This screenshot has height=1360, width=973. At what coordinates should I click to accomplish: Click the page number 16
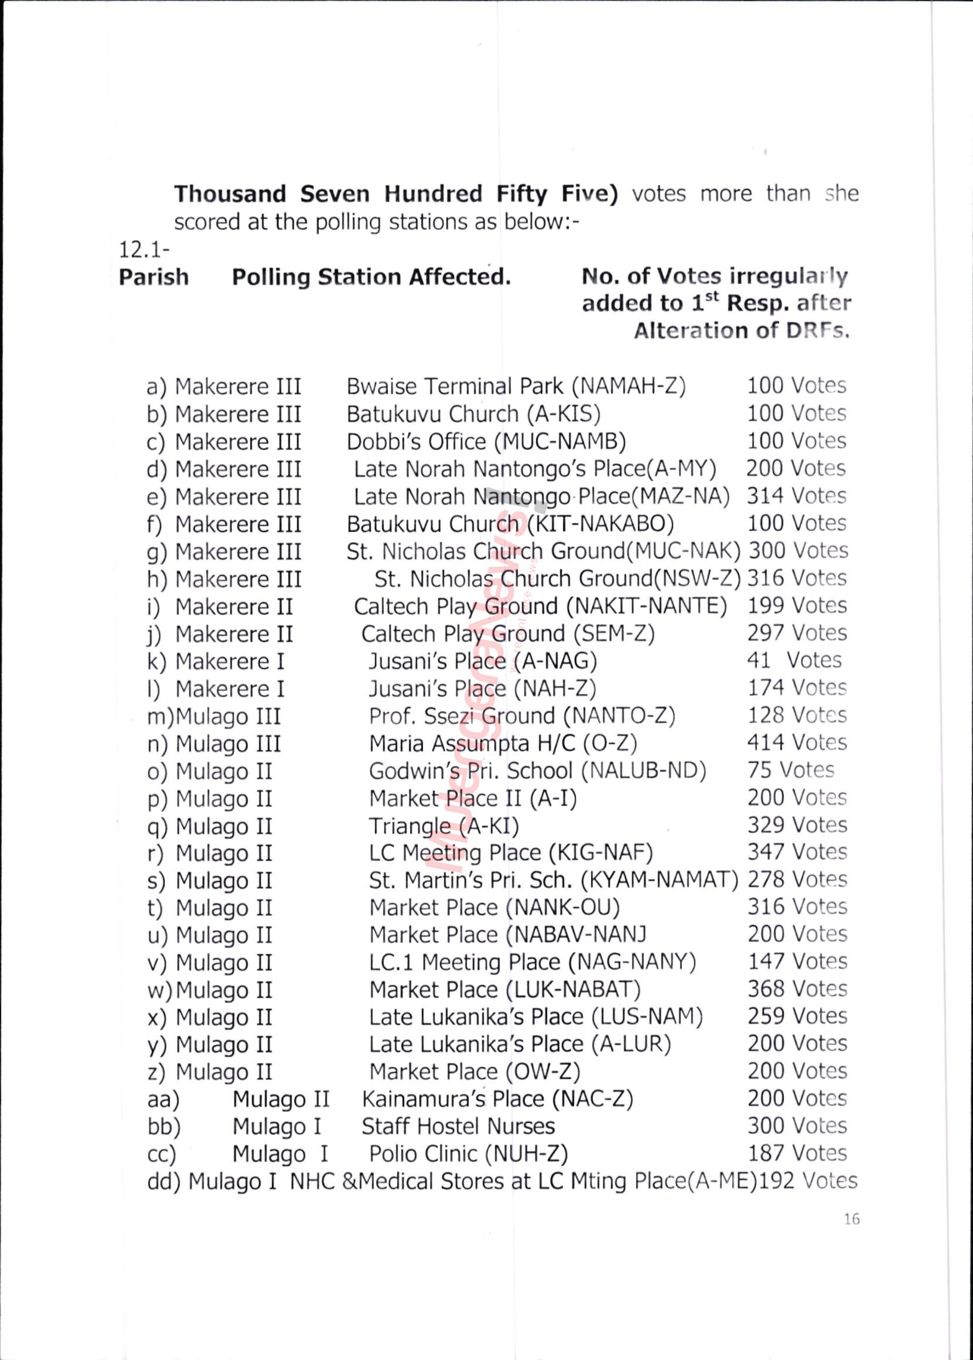[851, 1219]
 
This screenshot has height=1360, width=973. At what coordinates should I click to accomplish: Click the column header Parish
[153, 277]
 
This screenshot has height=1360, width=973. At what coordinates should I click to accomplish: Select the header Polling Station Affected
[371, 277]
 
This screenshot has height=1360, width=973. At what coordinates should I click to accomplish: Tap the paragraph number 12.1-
[144, 249]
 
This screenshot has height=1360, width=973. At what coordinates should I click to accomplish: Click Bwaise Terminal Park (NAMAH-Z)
[516, 386]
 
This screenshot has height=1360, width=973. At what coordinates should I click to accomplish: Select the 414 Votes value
[797, 742]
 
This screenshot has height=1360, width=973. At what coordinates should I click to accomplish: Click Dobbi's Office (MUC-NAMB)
[486, 441]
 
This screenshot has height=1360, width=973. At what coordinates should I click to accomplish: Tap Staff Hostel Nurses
[458, 1126]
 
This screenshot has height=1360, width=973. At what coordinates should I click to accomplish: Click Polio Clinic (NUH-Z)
[468, 1154]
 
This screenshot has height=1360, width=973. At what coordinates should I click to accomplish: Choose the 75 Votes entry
[790, 770]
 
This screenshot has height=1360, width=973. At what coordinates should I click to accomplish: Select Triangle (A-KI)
[443, 826]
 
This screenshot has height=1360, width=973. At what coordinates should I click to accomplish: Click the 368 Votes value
[797, 989]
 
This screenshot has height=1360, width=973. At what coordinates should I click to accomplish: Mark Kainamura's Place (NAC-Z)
[497, 1099]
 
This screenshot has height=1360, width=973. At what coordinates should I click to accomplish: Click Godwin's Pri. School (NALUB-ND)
[537, 771]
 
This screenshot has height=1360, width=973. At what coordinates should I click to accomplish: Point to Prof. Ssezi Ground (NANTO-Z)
[522, 716]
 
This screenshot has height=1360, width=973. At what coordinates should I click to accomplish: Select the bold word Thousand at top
[230, 194]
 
